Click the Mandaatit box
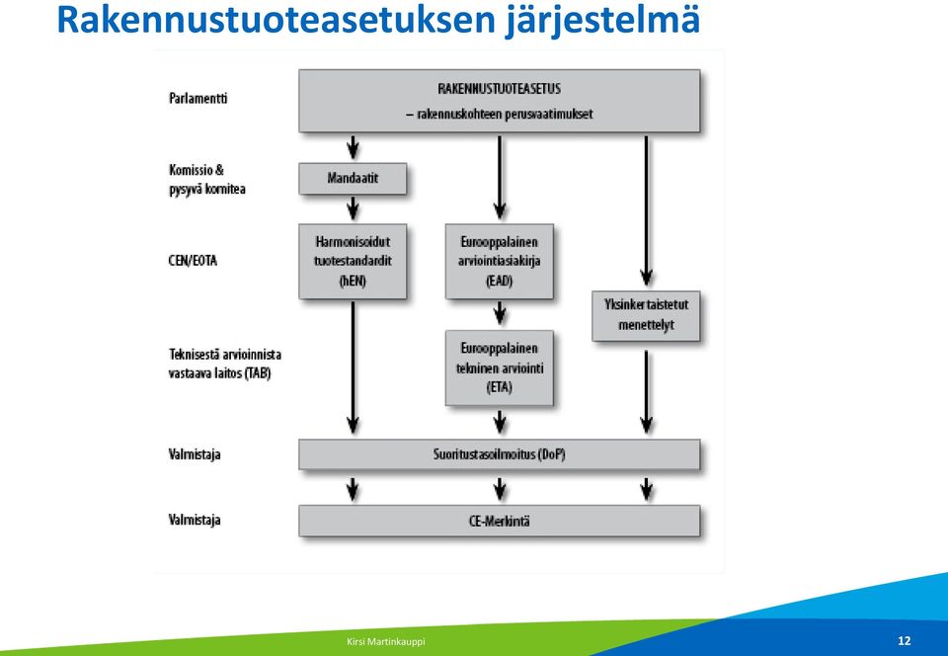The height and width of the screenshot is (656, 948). [353, 179]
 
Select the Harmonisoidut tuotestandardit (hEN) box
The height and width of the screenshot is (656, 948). [353, 261]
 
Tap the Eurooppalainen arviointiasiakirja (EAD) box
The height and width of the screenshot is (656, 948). [500, 261]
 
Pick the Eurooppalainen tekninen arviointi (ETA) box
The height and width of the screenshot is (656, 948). [500, 368]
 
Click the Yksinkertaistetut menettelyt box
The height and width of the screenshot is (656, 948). [646, 315]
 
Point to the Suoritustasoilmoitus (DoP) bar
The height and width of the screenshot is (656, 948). [500, 454]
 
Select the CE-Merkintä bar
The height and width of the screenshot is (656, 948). [500, 521]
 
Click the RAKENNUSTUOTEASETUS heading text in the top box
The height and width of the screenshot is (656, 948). [500, 89]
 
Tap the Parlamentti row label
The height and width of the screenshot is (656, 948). [198, 98]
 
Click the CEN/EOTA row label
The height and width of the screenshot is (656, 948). [193, 261]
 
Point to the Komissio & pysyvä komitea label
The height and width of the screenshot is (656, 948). [207, 180]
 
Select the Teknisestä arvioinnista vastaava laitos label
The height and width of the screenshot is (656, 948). [225, 364]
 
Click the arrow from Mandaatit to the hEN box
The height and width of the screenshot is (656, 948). [353, 208]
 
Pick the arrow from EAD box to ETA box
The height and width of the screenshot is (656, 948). [500, 314]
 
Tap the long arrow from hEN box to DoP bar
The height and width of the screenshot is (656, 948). [353, 368]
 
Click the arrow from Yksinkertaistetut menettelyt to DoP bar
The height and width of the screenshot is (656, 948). [646, 392]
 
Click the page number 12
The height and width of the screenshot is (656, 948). [905, 641]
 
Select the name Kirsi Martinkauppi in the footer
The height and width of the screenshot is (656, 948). [386, 641]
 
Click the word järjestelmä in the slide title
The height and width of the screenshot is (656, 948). [602, 20]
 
